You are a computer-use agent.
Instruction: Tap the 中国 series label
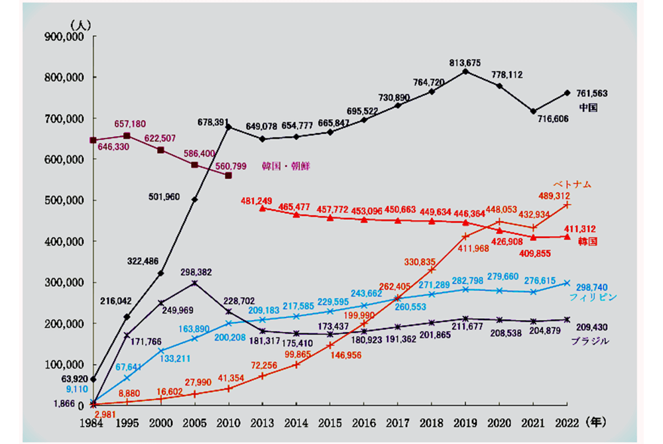point(588,107)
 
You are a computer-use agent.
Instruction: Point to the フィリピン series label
point(594,298)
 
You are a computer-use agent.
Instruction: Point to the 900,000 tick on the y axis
point(62,37)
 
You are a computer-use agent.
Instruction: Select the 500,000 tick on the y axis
point(62,201)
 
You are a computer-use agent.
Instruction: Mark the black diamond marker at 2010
point(228,127)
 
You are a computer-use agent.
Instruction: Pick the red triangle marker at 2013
point(263,208)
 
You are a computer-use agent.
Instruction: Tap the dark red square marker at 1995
point(127,136)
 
